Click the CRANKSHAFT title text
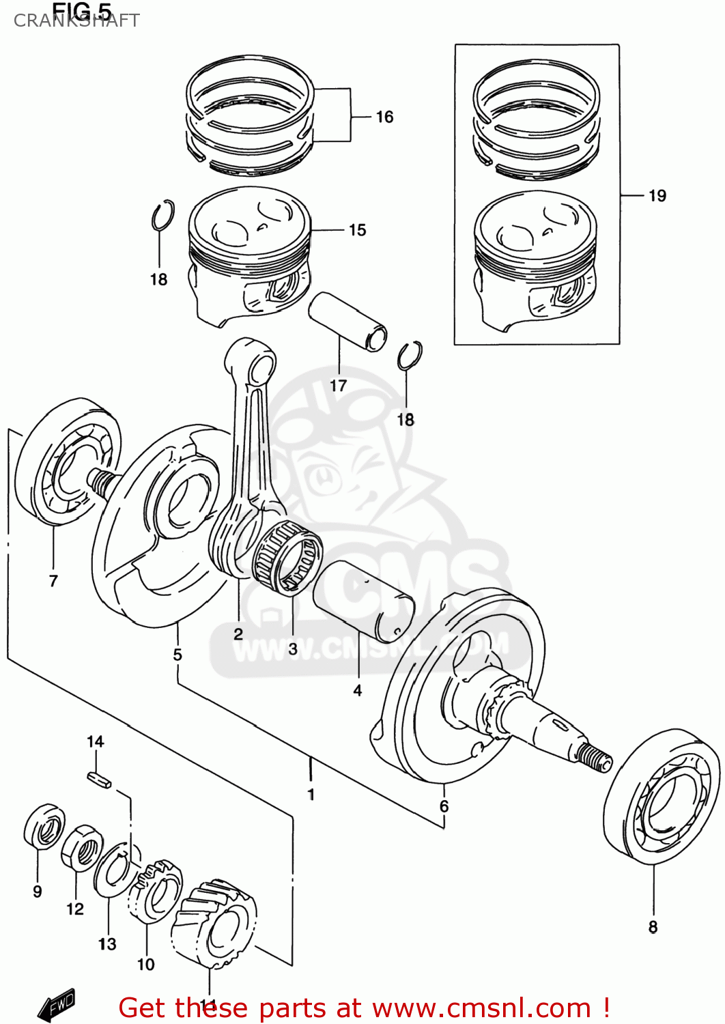(x=76, y=20)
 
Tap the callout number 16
(x=384, y=117)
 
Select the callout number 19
(x=657, y=196)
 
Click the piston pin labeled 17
(x=347, y=321)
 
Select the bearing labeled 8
(x=662, y=797)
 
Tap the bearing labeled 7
(x=68, y=464)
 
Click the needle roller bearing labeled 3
(x=288, y=554)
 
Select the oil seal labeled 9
(x=44, y=826)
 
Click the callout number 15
(x=357, y=230)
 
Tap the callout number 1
(x=311, y=794)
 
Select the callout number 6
(x=444, y=806)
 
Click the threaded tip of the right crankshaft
(x=593, y=756)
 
